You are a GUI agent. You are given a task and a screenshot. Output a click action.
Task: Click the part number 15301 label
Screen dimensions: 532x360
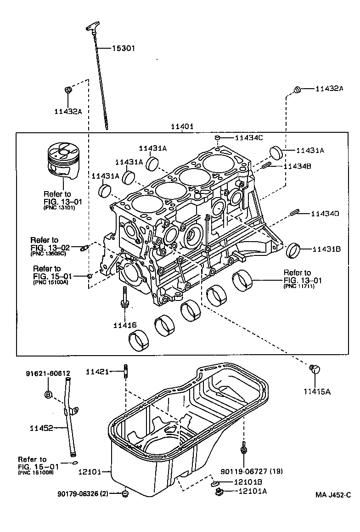[x=124, y=48]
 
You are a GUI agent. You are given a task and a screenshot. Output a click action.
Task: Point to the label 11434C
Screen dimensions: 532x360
[x=250, y=137]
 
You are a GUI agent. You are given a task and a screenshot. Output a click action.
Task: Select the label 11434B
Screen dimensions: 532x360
[x=298, y=166]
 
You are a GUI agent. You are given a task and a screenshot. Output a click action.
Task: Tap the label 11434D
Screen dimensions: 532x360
[x=325, y=214]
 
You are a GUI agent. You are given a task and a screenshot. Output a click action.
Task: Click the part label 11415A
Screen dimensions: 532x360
[x=317, y=391]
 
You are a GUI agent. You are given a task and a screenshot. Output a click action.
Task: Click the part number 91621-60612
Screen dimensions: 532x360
[x=48, y=374]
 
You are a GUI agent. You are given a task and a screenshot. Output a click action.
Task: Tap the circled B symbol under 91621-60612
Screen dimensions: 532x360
[x=48, y=394]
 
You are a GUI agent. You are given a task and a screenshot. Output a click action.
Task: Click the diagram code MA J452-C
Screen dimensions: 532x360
[x=333, y=495]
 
